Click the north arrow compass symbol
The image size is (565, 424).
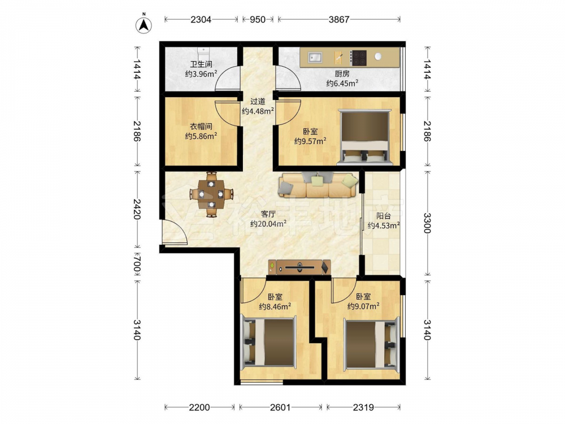(x=144, y=24)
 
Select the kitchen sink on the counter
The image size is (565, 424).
(x=315, y=57)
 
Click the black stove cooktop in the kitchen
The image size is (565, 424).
(x=359, y=58)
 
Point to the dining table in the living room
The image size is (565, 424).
(x=211, y=194)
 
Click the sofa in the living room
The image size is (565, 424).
(x=318, y=185)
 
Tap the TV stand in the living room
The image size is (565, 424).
(x=299, y=267)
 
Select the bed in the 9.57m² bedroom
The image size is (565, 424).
(x=364, y=137)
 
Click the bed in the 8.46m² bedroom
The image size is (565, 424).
(x=269, y=342)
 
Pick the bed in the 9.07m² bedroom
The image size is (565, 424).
(x=371, y=343)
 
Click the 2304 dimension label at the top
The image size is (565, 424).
(x=201, y=19)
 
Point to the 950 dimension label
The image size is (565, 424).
(x=258, y=19)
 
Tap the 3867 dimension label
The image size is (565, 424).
(x=339, y=19)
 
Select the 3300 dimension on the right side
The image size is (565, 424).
(x=427, y=223)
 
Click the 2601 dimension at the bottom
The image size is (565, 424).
(x=281, y=408)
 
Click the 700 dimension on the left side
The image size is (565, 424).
(x=137, y=263)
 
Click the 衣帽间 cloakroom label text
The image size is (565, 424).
(x=201, y=127)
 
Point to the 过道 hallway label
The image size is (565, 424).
(x=258, y=102)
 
